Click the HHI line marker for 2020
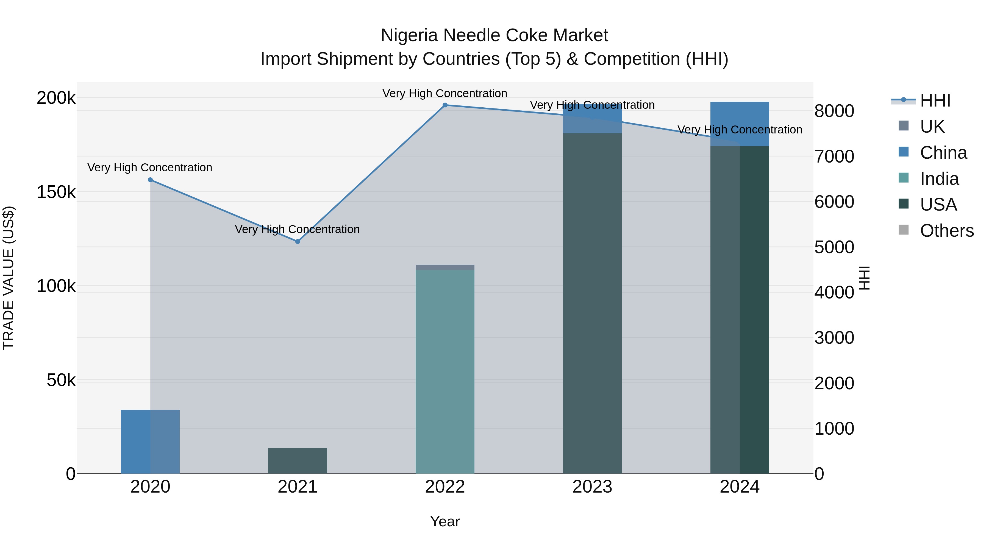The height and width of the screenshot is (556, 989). pos(150,180)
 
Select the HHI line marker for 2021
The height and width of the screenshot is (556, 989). pos(298,241)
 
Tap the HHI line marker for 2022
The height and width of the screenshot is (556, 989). pos(445,105)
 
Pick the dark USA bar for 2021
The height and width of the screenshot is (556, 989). pos(298,460)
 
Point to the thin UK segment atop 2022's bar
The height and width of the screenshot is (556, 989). pos(445,267)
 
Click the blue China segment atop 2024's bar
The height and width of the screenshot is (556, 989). pos(740,124)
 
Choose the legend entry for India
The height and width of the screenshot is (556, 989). pos(939,179)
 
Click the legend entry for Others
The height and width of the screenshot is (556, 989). pos(946,231)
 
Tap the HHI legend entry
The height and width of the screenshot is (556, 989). pos(935,100)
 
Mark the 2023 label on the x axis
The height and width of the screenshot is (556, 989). pos(592,487)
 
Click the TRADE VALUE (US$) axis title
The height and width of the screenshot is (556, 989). pos(9,278)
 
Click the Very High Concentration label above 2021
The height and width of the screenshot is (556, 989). pos(297,229)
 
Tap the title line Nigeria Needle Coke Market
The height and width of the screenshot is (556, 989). pos(494,35)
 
